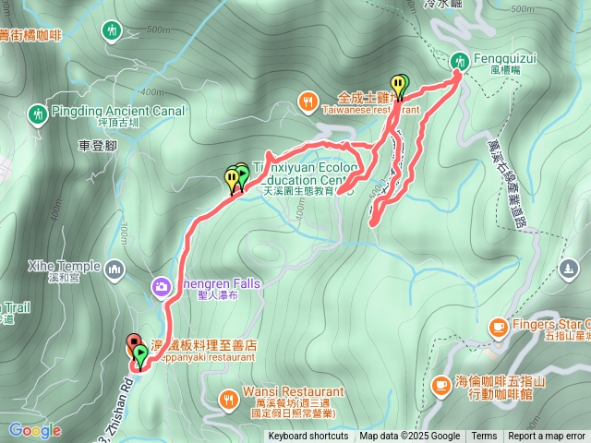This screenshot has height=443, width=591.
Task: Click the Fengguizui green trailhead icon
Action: [460, 62]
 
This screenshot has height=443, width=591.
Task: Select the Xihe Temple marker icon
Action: [115, 269]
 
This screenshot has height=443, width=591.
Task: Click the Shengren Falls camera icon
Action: [163, 288]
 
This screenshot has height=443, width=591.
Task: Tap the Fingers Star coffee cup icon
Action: [498, 326]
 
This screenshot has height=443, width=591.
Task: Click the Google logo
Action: [35, 430]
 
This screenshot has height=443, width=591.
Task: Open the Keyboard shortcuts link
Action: [308, 437]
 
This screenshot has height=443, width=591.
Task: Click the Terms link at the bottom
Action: [484, 437]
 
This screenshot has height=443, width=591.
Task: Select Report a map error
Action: [547, 437]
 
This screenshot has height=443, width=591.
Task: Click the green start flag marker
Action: [139, 353]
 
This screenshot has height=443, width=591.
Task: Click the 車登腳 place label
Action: [97, 145]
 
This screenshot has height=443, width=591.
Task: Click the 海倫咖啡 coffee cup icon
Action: [441, 384]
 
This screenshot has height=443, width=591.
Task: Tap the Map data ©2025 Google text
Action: [409, 437]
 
